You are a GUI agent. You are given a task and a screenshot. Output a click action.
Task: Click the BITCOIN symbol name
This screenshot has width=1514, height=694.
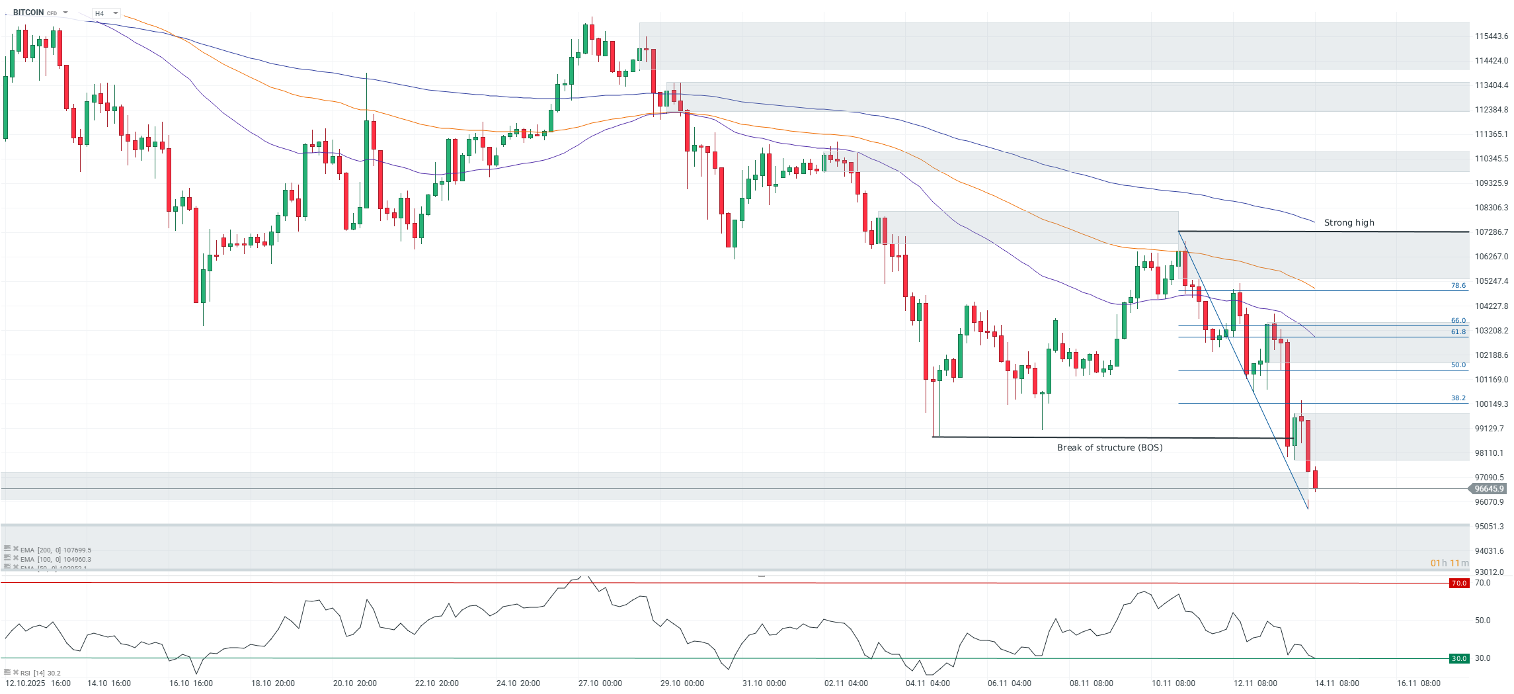28,13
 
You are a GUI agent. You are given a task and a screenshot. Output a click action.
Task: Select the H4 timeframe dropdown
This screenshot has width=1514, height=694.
106,13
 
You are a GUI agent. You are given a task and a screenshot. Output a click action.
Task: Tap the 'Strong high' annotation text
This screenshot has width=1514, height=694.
1349,223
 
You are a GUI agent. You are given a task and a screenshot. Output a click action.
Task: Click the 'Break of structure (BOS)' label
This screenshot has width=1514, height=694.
1109,448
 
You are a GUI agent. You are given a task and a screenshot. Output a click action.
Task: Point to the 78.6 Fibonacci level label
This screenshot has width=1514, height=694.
1458,286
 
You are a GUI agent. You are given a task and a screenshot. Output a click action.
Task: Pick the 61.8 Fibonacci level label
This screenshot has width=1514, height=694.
1458,332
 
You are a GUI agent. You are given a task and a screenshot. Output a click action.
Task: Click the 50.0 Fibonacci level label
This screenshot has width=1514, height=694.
1458,365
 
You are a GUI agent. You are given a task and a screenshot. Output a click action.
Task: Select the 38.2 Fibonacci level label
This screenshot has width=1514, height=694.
1458,398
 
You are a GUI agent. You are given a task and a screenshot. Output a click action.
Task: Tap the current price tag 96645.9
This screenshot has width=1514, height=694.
1489,489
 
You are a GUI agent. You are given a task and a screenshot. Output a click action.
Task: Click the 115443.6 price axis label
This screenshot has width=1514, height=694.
1491,36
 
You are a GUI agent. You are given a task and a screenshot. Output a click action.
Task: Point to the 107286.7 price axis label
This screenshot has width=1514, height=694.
1491,232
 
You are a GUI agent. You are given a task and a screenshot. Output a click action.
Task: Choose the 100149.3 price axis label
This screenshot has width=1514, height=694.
1491,404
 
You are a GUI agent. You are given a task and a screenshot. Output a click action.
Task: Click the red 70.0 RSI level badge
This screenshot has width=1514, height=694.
1458,584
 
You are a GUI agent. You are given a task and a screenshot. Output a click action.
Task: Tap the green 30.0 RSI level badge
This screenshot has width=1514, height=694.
1458,659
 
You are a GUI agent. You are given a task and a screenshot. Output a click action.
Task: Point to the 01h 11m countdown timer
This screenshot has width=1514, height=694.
1449,564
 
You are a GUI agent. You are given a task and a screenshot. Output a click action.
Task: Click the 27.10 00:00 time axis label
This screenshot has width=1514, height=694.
600,683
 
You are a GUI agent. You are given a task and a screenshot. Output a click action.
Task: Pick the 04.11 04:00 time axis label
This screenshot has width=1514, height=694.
928,683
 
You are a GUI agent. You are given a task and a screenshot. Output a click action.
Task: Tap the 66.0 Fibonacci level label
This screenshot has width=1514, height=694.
1458,321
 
